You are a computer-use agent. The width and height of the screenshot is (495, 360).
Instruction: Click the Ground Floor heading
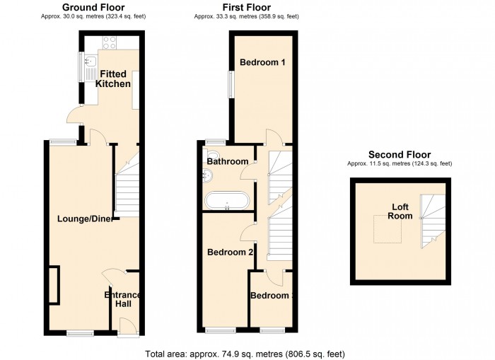[93, 7]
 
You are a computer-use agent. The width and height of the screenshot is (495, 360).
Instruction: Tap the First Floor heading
[247, 7]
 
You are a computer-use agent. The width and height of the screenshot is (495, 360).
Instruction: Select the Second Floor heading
[400, 155]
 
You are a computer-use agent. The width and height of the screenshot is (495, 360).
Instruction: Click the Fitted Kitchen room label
[113, 79]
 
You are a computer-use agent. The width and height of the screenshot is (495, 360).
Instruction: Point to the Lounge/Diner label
[86, 219]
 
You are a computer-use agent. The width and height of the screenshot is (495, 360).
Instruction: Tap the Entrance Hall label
[122, 299]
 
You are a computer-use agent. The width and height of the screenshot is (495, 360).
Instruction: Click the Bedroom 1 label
[262, 62]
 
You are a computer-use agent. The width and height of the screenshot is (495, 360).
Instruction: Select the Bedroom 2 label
[231, 252]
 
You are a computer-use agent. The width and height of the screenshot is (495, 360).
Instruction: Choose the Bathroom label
[227, 162]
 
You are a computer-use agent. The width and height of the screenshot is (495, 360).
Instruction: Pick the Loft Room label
[400, 211]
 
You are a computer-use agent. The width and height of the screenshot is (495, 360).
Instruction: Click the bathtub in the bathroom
[227, 200]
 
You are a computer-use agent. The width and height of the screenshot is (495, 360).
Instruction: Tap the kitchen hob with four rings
[110, 42]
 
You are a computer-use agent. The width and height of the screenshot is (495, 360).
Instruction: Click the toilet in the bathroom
[212, 154]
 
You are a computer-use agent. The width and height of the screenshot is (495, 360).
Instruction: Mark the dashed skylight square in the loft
[388, 229]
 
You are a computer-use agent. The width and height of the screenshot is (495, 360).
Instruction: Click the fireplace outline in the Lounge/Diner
[54, 286]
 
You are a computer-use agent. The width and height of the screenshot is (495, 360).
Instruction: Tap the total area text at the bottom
[245, 354]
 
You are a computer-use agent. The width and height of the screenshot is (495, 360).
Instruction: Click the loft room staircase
[432, 221]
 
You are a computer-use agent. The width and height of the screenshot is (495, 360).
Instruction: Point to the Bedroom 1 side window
[231, 84]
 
